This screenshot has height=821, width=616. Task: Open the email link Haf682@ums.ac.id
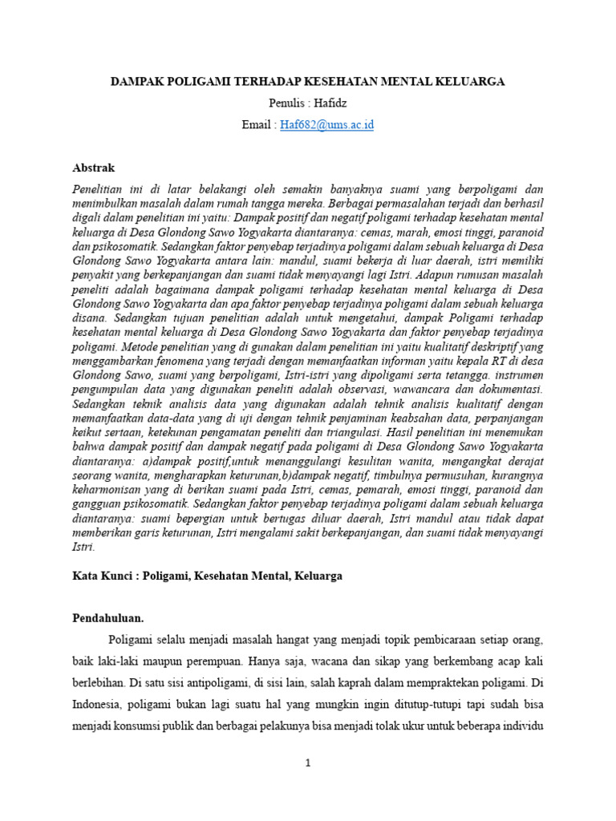click(326, 125)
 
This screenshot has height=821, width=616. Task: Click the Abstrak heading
click(94, 168)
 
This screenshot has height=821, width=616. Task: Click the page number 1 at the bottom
click(307, 762)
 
